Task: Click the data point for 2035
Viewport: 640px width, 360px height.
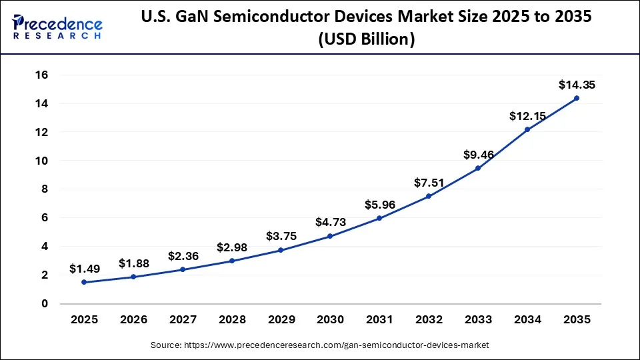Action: tap(577, 98)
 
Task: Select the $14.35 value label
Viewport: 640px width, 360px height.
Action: tap(577, 85)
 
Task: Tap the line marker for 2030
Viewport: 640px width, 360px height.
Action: tap(330, 236)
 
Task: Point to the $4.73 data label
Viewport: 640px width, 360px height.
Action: tap(330, 222)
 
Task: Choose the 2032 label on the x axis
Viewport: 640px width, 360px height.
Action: tap(429, 320)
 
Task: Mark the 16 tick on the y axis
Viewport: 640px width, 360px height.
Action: tap(41, 75)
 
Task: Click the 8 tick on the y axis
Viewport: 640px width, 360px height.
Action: tap(45, 189)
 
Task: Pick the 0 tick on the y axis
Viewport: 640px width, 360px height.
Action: tap(45, 303)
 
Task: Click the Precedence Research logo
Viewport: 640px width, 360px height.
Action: tap(57, 27)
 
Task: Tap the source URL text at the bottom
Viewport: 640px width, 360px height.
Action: tap(320, 345)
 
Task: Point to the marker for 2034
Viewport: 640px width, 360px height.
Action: tap(527, 129)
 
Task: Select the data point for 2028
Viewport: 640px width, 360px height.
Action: tap(231, 261)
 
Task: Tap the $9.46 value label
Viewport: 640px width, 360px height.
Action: tap(478, 155)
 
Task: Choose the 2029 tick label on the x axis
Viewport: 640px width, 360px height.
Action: tap(281, 320)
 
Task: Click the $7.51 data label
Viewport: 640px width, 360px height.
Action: tap(429, 183)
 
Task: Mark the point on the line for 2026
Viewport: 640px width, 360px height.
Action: tap(133, 277)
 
